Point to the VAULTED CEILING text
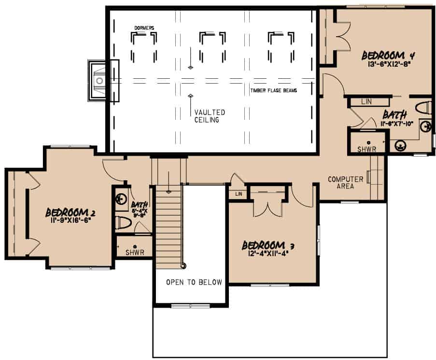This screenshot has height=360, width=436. click(x=210, y=116)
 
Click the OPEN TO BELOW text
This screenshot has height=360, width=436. click(x=194, y=282)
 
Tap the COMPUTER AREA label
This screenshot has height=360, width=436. click(x=345, y=183)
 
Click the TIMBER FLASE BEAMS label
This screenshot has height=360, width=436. click(x=273, y=90)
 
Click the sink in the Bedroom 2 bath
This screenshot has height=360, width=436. click(x=120, y=198)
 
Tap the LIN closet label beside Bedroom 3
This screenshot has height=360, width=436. click(x=238, y=194)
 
